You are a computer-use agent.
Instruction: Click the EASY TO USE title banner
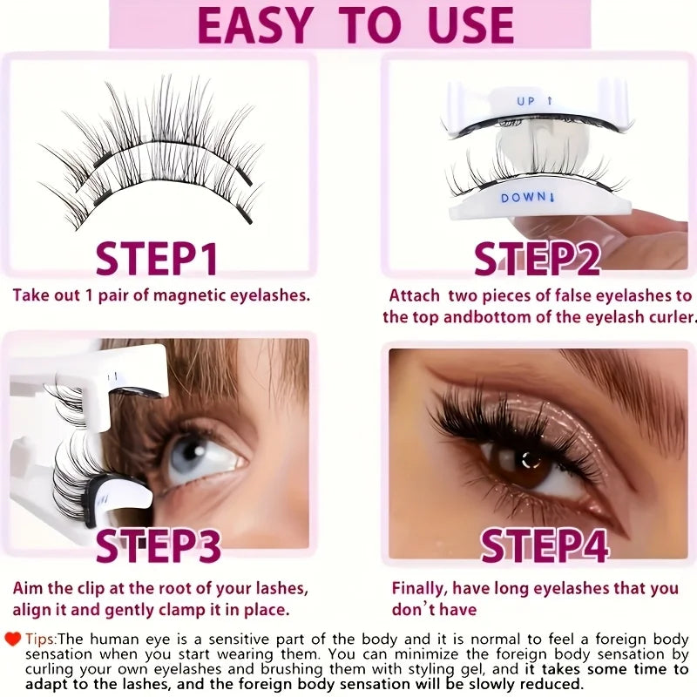[x=348, y=24]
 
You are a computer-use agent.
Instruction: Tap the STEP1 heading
[x=157, y=259]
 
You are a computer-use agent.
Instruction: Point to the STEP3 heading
[x=158, y=545]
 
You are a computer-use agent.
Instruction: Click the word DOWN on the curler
[x=522, y=198]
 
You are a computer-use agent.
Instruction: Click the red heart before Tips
[x=13, y=639]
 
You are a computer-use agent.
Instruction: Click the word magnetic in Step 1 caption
[x=187, y=295]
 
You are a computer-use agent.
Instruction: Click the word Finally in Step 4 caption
[x=421, y=589]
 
